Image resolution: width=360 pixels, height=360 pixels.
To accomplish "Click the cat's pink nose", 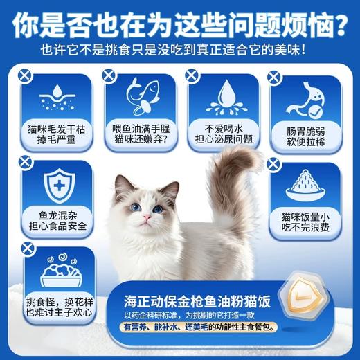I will click(x=147, y=217).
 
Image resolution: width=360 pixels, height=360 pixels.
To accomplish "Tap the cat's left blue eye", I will click(x=136, y=206).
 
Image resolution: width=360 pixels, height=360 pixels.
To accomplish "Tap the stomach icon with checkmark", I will click(x=304, y=98).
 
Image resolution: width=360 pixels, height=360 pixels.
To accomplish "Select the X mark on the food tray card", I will click(x=25, y=247).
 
